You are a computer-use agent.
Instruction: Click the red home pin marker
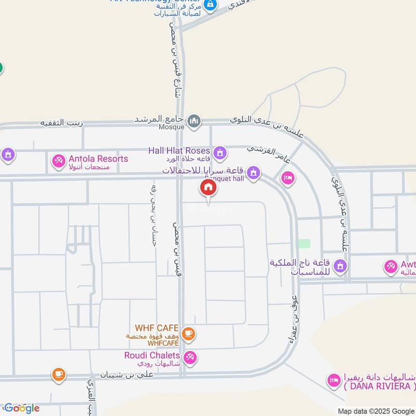point(208,188)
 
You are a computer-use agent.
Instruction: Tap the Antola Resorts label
point(98,159)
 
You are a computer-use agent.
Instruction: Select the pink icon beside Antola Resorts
point(58,161)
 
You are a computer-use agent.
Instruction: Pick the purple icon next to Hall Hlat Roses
point(220,152)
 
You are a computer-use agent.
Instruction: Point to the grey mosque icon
point(194,121)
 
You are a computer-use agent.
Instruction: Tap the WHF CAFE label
point(157,328)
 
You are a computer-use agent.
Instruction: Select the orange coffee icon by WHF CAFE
point(189,334)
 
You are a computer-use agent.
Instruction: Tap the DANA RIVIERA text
point(379,386)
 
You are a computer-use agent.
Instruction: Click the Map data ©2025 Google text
point(376,410)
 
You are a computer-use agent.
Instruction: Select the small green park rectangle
point(304,243)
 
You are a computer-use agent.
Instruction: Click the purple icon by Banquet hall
point(253,172)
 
